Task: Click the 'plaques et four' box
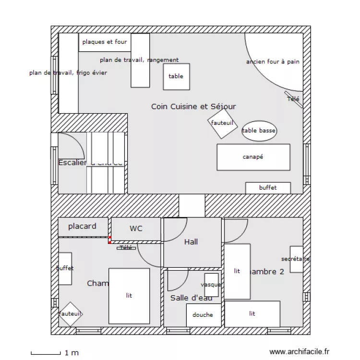(104, 42)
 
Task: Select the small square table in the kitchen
(176, 76)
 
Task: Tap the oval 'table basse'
(260, 131)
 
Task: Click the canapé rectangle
(253, 157)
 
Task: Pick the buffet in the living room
(268, 188)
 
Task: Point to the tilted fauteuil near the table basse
(223, 123)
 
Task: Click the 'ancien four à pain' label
(273, 62)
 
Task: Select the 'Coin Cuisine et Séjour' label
(193, 107)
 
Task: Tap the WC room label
(136, 228)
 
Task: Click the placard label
(82, 226)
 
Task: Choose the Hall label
(191, 242)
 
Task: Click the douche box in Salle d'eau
(204, 315)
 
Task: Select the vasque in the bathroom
(211, 285)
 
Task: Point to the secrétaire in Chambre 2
(296, 259)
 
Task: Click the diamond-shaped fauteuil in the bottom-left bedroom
(71, 314)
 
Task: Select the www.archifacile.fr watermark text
(300, 352)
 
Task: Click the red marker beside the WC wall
(109, 240)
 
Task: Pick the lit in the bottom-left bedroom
(129, 296)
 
